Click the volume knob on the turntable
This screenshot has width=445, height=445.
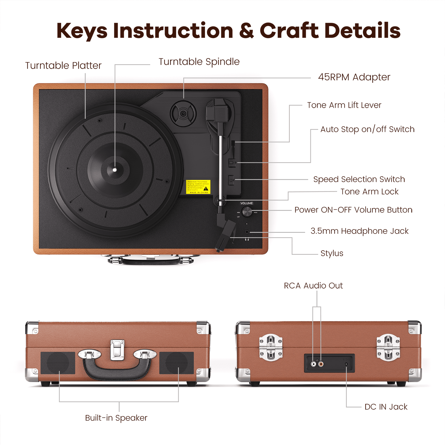[247, 212]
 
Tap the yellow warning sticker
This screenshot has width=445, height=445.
[198, 187]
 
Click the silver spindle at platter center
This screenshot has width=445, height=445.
[115, 170]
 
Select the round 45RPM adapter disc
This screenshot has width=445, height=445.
[183, 114]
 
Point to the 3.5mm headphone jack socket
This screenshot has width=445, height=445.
[247, 232]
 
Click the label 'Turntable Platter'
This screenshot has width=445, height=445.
[63, 66]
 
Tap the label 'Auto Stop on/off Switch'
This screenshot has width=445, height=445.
[367, 129]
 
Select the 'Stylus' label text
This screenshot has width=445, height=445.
[332, 253]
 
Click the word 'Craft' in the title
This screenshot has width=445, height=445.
[289, 31]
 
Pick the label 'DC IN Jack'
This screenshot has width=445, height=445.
[386, 407]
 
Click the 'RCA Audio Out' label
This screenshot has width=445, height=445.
[313, 286]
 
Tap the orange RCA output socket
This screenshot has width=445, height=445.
[321, 364]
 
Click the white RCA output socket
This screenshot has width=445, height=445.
[313, 364]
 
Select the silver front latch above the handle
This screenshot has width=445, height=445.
[117, 350]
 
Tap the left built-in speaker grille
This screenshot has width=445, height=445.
[58, 363]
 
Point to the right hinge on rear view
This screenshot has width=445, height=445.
[388, 348]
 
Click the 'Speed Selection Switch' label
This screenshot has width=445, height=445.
[359, 179]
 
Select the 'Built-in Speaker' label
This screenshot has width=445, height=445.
[116, 418]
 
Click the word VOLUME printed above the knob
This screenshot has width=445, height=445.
[246, 203]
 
